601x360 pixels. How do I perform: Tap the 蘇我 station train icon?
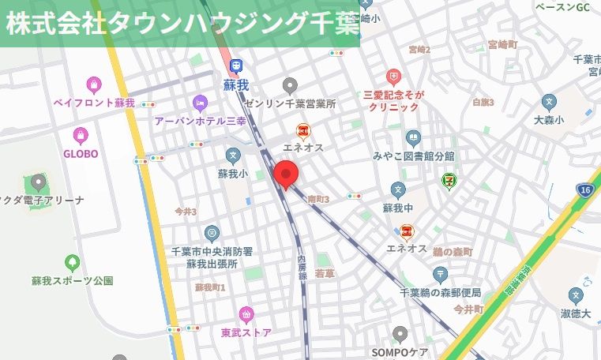coord(235,66)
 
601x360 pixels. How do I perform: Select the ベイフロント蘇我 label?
coord(94,103)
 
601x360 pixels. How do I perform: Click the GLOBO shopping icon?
coord(80,135)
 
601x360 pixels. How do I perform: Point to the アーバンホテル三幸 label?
coord(201,121)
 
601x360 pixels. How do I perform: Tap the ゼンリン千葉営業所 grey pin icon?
coord(291,85)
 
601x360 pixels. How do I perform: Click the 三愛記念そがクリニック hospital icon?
coord(393,77)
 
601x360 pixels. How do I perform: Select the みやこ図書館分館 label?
coord(414,155)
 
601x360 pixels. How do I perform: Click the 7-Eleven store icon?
coord(449,182)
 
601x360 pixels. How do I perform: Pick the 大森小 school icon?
coord(549,102)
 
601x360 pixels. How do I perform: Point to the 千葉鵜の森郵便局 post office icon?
coord(441,275)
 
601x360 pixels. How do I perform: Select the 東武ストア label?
coord(246,332)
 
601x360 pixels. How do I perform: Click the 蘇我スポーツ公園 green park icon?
coord(73,261)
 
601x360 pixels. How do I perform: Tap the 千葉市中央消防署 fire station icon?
coord(212,233)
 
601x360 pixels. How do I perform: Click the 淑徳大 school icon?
coord(577,296)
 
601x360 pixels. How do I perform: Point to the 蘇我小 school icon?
coord(232,156)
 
